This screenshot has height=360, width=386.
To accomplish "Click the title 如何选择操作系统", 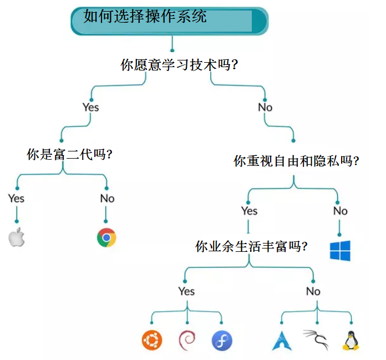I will tap(145, 17).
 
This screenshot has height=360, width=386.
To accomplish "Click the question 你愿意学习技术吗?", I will tap(179, 65).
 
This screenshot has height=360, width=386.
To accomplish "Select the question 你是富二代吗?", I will tap(69, 155).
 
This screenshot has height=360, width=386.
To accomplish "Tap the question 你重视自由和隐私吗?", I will tap(296, 161).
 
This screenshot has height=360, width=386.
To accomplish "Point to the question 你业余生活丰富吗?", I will tap(252, 246).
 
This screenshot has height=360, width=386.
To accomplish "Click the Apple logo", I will tap(17, 237).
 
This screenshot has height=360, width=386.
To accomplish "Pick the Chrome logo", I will tap(106, 237).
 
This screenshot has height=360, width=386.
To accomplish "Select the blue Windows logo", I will tap(341, 251).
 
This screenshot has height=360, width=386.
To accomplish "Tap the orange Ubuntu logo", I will tap(152, 340).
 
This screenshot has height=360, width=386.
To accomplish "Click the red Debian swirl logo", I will tap(187, 340).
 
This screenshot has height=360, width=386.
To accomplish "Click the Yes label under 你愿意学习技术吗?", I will tap(90, 107).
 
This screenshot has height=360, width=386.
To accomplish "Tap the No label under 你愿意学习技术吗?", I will tap(265, 107).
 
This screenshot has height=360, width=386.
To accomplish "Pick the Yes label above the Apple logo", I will tap(17, 198).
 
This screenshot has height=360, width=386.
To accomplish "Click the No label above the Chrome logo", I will tap(107, 198).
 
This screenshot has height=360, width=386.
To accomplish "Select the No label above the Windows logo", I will tap(340, 211).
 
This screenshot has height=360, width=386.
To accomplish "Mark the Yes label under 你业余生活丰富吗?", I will tap(187, 291).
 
